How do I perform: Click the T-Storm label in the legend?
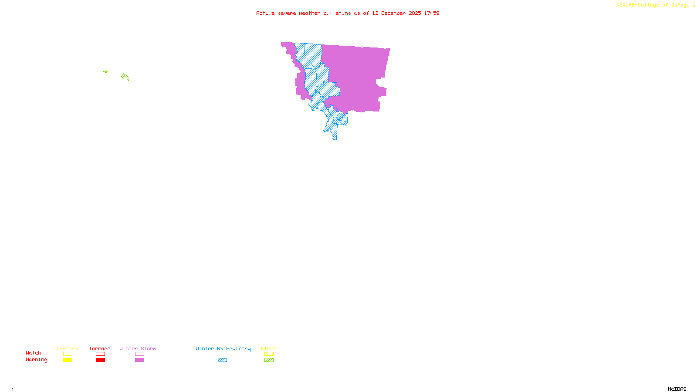click(67, 348)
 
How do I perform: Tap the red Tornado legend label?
click(100, 348)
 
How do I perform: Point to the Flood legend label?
click(269, 348)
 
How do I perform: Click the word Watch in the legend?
click(34, 353)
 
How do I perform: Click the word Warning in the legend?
click(36, 360)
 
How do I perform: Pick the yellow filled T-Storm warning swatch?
click(68, 360)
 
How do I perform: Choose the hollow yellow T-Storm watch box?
click(68, 354)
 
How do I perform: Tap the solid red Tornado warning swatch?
click(101, 360)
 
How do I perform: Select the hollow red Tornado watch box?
click(101, 354)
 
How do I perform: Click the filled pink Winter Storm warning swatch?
click(139, 360)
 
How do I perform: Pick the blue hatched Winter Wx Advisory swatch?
click(222, 360)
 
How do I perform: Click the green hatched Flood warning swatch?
click(269, 360)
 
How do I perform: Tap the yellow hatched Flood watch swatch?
click(269, 354)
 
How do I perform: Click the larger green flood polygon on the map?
click(125, 77)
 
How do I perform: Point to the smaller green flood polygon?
click(105, 71)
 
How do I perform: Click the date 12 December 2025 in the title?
click(396, 13)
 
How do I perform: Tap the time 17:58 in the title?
click(432, 13)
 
